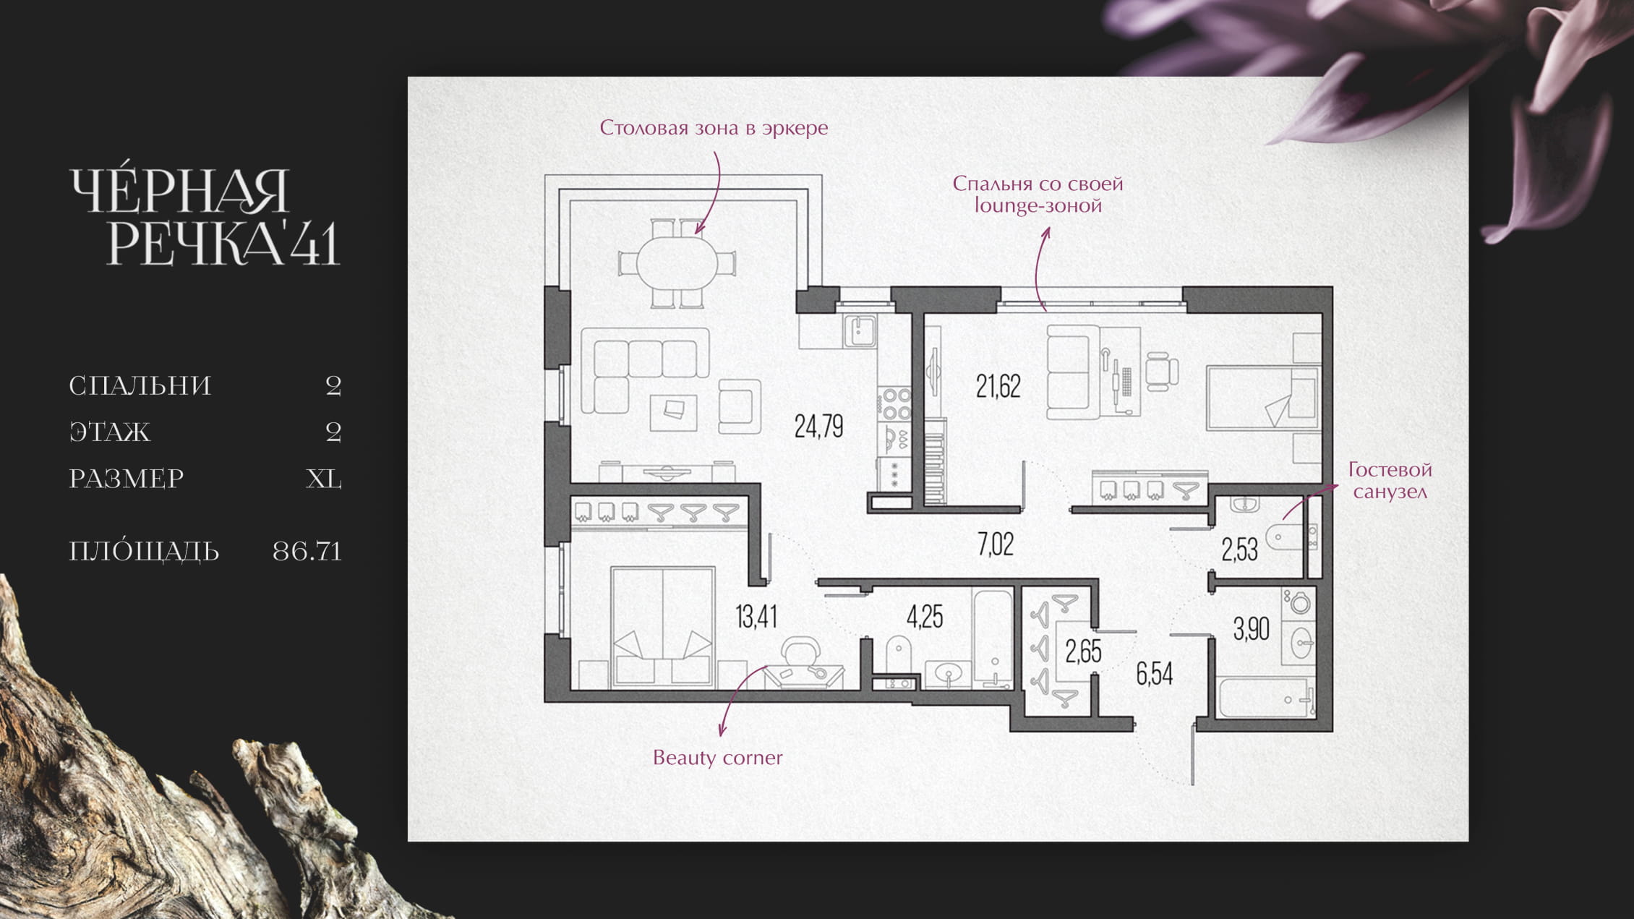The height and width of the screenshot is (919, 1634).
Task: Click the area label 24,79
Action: click(x=818, y=427)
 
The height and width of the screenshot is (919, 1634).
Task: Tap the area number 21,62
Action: click(x=998, y=387)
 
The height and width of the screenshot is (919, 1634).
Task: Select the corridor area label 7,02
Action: click(x=996, y=544)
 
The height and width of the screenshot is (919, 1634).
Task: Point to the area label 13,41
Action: click(x=756, y=617)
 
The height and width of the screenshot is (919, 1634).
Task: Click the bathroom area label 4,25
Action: click(x=925, y=617)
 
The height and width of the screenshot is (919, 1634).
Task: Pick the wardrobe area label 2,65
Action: click(x=1083, y=651)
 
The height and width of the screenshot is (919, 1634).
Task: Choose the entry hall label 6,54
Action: click(x=1155, y=674)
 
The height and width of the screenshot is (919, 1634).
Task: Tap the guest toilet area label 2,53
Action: click(x=1239, y=550)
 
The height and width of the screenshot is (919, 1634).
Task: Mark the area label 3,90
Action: click(x=1251, y=629)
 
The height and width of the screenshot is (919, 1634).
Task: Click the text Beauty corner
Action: click(x=717, y=758)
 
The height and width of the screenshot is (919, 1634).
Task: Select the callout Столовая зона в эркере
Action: click(x=714, y=128)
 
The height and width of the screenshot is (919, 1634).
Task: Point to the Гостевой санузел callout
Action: click(x=1390, y=481)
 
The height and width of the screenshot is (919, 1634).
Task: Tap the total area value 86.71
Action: click(x=307, y=552)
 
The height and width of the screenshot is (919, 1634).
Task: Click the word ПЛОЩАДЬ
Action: click(x=144, y=551)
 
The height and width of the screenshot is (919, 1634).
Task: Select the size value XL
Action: click(x=324, y=479)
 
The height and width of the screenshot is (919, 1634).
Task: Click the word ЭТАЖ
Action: click(x=110, y=432)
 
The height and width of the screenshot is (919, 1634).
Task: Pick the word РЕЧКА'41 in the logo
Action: click(x=223, y=241)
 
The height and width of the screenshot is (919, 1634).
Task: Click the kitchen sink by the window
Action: click(x=860, y=331)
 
